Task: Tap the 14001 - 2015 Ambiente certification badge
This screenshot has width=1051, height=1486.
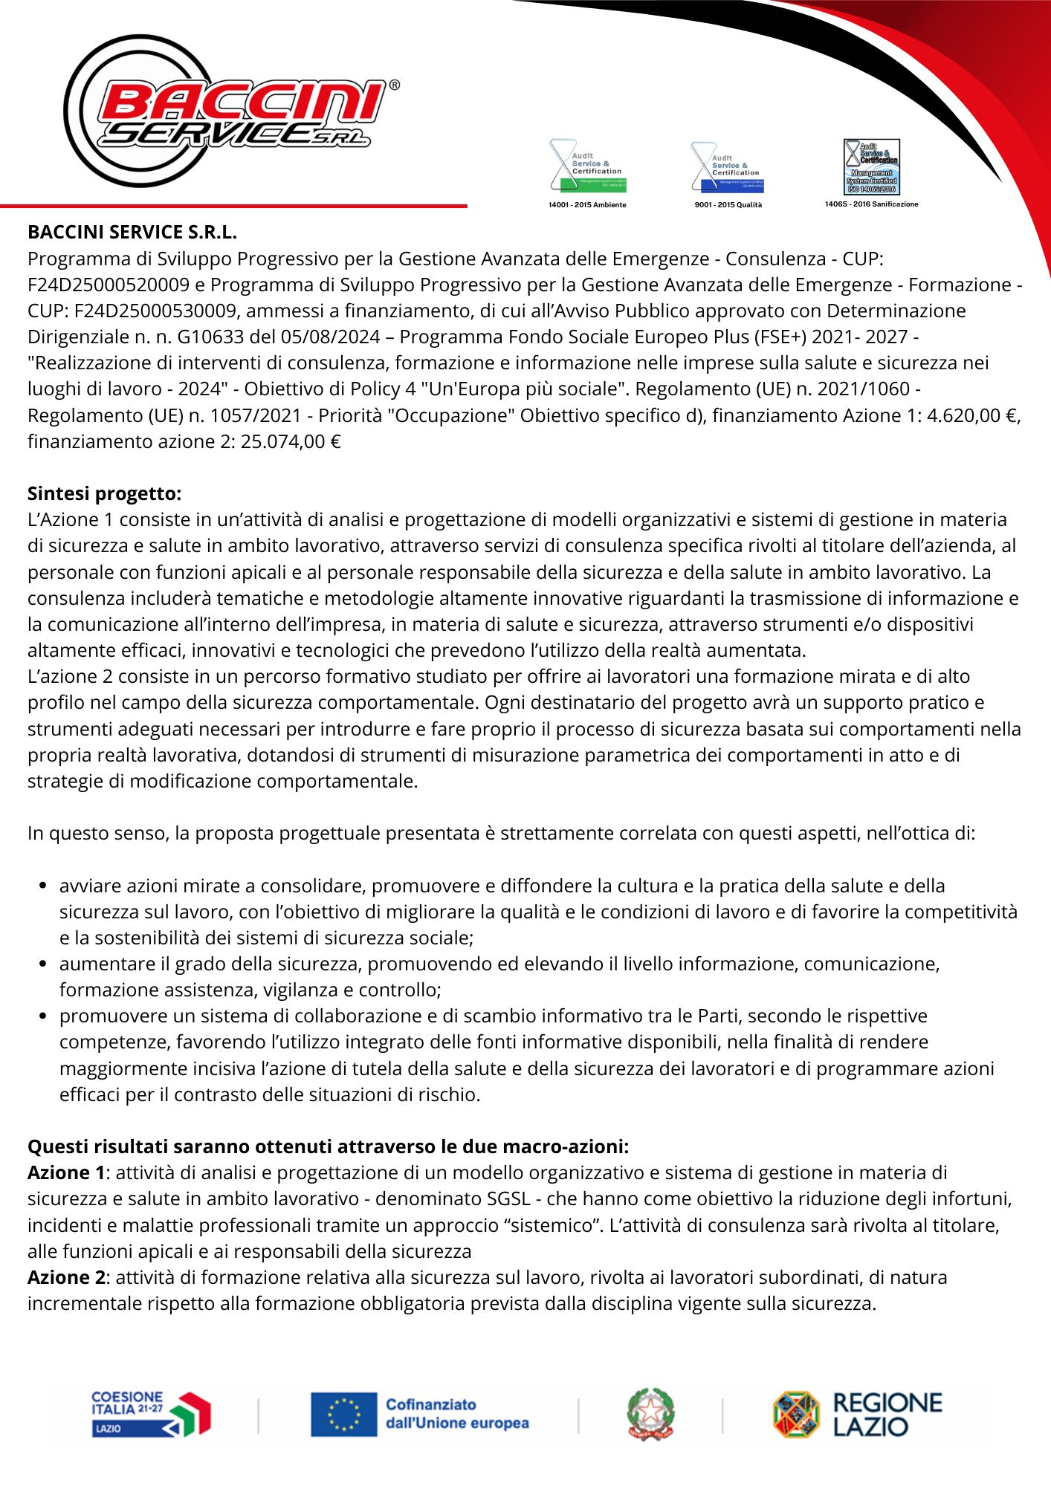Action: (587, 166)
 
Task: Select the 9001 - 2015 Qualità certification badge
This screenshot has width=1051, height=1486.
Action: (728, 167)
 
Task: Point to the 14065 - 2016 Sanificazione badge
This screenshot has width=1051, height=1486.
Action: (871, 167)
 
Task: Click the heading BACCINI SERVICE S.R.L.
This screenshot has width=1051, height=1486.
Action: (132, 233)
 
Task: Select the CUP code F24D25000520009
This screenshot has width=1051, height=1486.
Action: (109, 285)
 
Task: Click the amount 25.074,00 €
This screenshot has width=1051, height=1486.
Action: (291, 441)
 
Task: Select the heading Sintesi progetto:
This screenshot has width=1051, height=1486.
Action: (104, 493)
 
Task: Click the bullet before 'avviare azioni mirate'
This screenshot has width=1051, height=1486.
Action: (43, 886)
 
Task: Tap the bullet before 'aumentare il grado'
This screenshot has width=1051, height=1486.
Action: (43, 964)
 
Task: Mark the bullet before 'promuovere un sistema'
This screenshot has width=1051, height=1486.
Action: (43, 1016)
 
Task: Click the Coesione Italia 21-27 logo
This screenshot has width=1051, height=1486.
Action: (151, 1414)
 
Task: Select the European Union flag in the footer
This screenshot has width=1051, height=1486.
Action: (343, 1414)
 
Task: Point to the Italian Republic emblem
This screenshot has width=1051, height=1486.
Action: (650, 1414)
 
